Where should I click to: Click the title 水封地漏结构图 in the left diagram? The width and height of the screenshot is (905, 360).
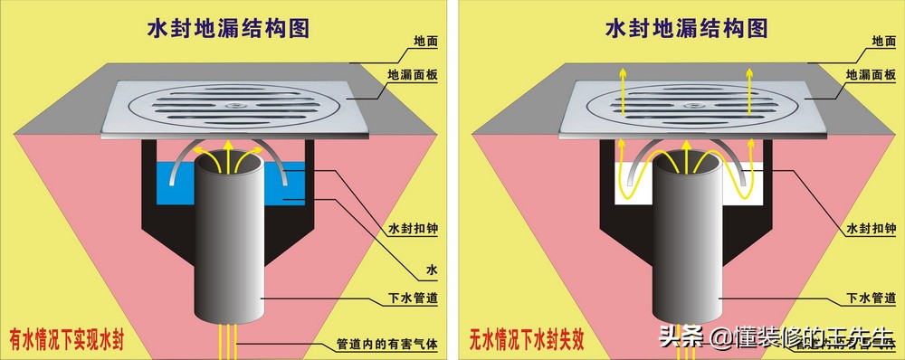tap(228, 29)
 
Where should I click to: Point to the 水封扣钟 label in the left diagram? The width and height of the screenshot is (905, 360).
tap(413, 229)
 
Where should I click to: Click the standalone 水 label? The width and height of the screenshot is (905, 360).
tap(431, 269)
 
